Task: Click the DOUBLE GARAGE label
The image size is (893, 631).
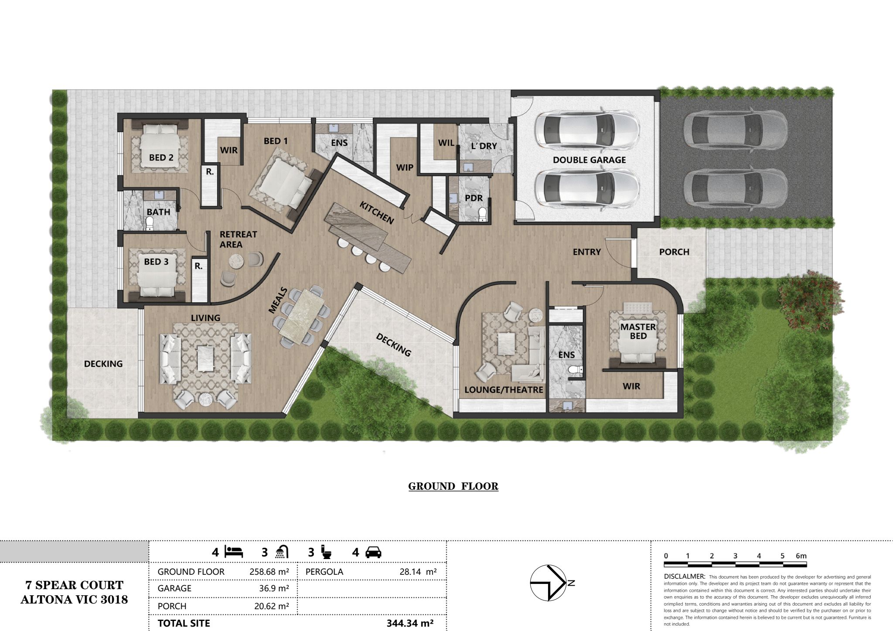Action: point(589,160)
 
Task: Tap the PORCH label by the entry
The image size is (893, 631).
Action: point(674,252)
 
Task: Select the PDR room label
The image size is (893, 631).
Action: point(474,198)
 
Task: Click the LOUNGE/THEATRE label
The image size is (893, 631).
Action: point(504,390)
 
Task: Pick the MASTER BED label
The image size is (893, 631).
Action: point(638,331)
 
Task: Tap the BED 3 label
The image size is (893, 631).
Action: point(156,262)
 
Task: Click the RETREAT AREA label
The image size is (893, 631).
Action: point(238,239)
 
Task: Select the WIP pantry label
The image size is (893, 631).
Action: point(405,167)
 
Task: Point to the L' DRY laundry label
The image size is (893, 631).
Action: point(484,146)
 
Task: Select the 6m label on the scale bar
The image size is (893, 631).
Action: point(801,556)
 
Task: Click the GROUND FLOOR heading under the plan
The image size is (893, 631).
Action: point(453,487)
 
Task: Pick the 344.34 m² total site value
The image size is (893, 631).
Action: point(410,623)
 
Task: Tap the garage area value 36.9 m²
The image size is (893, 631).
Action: point(274,588)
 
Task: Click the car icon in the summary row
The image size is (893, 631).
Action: point(373,553)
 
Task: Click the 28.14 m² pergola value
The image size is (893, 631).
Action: point(418,572)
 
